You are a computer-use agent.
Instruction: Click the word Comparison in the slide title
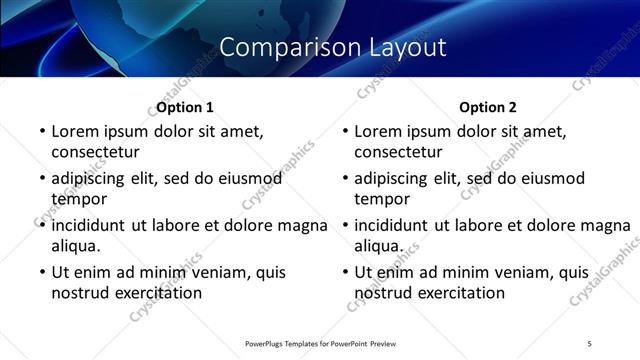[279, 47]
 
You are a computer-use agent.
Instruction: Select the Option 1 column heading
[185, 107]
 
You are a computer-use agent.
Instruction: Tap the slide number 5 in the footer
[589, 343]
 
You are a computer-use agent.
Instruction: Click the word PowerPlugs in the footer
[270, 343]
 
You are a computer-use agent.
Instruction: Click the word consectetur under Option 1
[95, 152]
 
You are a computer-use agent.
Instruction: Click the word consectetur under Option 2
[398, 152]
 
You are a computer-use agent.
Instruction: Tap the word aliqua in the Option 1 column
[74, 246]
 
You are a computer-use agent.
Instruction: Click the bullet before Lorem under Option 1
[41, 131]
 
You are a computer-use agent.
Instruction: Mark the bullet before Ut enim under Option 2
[344, 272]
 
